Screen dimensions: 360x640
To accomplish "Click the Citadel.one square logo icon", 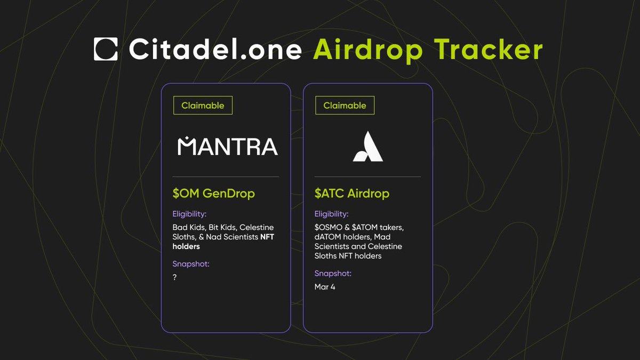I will [x=106, y=49].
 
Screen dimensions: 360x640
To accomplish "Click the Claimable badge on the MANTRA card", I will [x=203, y=106].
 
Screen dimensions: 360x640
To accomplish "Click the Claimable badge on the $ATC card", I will [x=345, y=106].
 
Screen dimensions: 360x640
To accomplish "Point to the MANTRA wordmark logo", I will [x=227, y=146].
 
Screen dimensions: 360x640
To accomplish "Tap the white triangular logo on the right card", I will [x=368, y=147].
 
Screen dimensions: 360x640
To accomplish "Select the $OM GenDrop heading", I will [x=213, y=194].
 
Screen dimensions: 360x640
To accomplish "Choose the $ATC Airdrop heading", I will [x=352, y=194].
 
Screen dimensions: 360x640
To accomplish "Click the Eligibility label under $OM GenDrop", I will [x=189, y=214].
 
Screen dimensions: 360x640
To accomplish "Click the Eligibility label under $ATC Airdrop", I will [x=331, y=214].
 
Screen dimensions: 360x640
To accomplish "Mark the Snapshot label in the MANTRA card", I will [x=190, y=263].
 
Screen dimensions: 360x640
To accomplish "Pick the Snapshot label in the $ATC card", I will [x=333, y=274].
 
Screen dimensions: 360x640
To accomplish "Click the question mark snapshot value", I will [x=175, y=277].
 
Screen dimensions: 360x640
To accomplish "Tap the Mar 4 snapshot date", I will [x=325, y=287].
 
